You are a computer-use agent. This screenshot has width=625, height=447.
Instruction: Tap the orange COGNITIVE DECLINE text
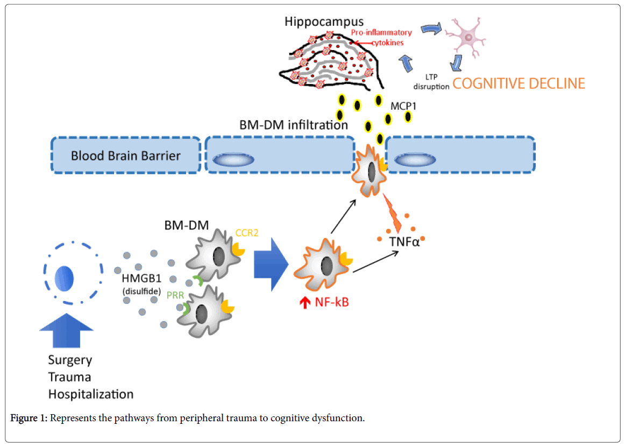point(518,83)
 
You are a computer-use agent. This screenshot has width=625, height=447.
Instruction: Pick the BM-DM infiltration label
point(293,125)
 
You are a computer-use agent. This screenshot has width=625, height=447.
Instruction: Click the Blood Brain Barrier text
point(126,156)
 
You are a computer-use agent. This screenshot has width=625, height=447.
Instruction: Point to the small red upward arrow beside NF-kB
point(304,303)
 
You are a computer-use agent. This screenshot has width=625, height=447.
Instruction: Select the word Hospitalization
point(91,394)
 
